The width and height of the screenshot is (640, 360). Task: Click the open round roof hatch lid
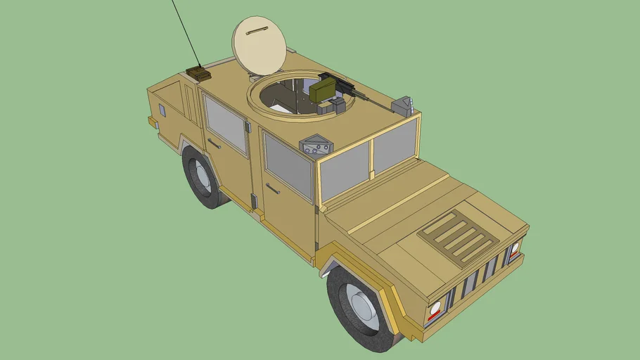[260, 45]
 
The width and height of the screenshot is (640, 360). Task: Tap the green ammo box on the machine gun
[323, 90]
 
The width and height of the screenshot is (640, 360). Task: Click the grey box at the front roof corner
[402, 106]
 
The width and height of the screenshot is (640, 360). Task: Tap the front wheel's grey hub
[363, 312]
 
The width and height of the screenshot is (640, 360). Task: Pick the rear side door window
[225, 124]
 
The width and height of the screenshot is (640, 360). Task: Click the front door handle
[273, 188]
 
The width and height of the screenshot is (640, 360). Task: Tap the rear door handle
[214, 144]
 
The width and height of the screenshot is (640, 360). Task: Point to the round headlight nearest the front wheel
[435, 307]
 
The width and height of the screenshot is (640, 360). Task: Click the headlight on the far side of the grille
[515, 247]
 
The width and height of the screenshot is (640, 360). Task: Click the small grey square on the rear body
[162, 110]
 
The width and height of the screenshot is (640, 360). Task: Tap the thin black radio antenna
[184, 32]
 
